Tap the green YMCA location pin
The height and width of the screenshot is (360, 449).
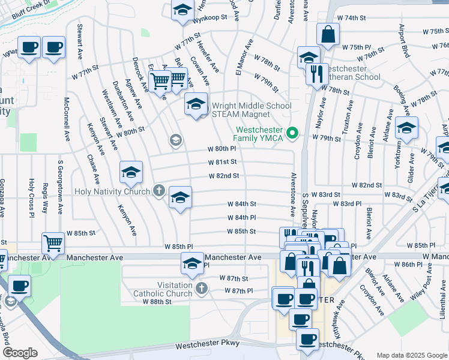pyautogui.click(x=293, y=133)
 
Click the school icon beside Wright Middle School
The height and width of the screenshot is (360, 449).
pyautogui.click(x=196, y=105)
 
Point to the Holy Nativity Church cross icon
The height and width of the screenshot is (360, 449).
pyautogui.click(x=159, y=191)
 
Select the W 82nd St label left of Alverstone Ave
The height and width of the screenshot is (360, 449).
pyautogui.click(x=224, y=176)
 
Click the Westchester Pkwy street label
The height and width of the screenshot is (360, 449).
pyautogui.click(x=207, y=344)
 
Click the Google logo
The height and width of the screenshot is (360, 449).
pyautogui.click(x=20, y=353)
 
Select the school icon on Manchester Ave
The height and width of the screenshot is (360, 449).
pyautogui.click(x=192, y=263)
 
